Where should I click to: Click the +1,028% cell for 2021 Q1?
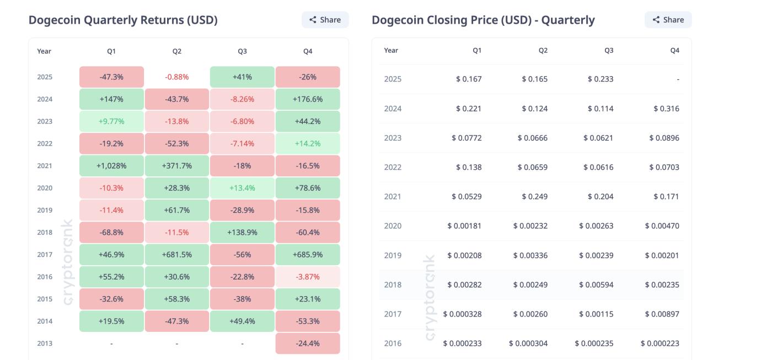coord(111,166)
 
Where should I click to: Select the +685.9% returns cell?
coord(308,255)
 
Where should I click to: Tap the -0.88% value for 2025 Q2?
coord(176,77)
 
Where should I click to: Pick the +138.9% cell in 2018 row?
coord(242,233)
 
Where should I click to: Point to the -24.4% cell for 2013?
coord(308,343)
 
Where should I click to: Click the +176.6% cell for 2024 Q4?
coord(308,99)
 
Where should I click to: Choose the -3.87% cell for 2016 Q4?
coord(308,277)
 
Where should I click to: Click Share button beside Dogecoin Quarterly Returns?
coord(325,20)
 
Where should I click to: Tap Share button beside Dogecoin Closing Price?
coord(668,20)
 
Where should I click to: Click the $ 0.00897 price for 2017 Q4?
coord(662,314)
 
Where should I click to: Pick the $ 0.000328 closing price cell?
coord(462,314)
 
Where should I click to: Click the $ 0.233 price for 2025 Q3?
coord(601,79)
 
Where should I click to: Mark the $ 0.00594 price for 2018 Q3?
coord(596,285)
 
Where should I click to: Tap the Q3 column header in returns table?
coord(242,51)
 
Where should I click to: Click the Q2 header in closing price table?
coord(543,51)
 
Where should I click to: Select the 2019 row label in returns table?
coord(45,211)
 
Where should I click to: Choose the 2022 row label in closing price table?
coord(393,168)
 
